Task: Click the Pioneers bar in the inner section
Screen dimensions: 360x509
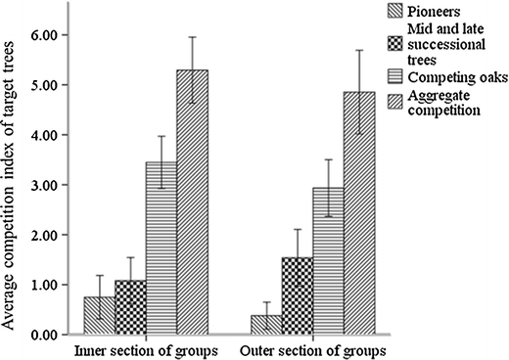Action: pos(99,316)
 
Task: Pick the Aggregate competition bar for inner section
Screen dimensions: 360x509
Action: pos(193,202)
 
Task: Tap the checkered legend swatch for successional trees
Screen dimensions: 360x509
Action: pos(393,43)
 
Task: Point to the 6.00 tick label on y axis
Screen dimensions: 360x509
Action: pos(48,35)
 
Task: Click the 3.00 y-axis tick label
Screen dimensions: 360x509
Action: pos(48,185)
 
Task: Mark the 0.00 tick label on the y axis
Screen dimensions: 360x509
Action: pos(48,335)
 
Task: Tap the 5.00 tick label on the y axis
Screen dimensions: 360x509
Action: pos(48,85)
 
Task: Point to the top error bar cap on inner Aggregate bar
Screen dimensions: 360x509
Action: pos(193,37)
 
